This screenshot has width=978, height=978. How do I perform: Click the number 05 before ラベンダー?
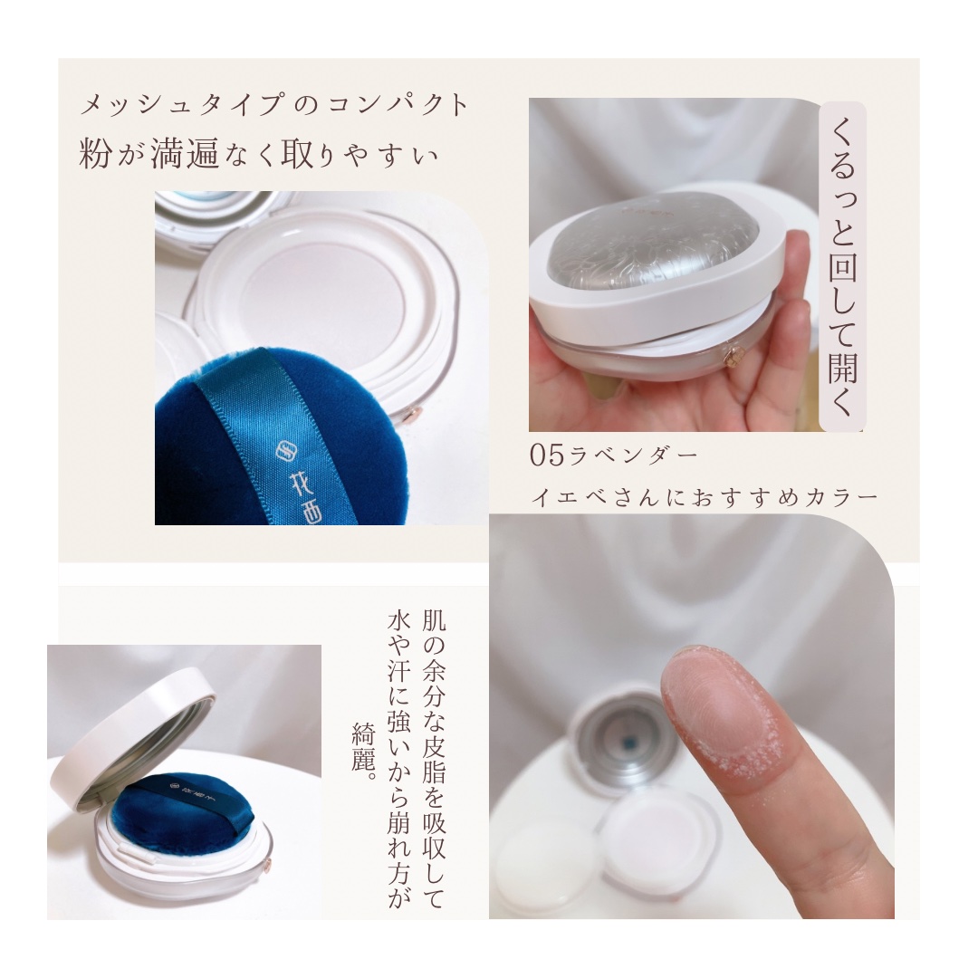[x=547, y=455]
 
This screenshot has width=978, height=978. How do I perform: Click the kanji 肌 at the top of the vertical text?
[x=434, y=620]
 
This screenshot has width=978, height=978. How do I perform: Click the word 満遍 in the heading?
[x=186, y=153]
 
